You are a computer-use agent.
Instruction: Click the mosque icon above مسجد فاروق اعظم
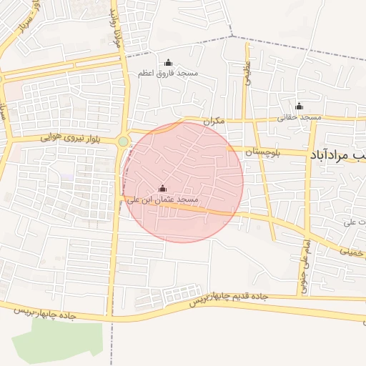(169, 63)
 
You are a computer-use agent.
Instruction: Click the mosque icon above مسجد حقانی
(300, 107)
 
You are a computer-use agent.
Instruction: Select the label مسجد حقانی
(300, 117)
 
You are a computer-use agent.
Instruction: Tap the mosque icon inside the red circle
(162, 189)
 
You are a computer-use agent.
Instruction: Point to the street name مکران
(213, 121)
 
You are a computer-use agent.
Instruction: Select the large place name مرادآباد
(336, 154)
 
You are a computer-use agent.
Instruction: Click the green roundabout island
(123, 142)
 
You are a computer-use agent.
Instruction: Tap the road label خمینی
(355, 252)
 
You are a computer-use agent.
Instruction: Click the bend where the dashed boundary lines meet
(233, 36)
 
